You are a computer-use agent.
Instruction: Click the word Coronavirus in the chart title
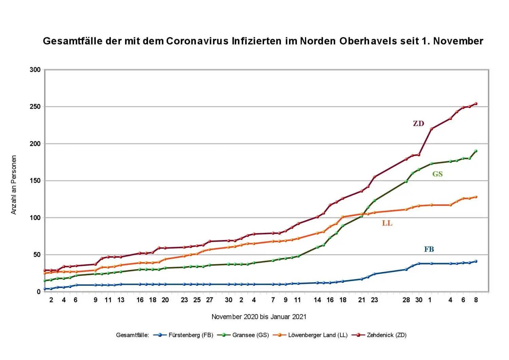[197, 41]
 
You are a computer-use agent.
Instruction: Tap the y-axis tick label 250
[35, 107]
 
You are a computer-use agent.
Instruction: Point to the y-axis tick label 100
[35, 218]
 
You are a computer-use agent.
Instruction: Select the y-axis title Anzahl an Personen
[14, 185]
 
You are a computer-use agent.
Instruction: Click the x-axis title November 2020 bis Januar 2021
[259, 317]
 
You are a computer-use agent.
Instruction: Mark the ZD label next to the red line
[418, 124]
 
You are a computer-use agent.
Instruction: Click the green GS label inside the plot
[437, 174]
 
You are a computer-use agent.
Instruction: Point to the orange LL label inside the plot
[387, 223]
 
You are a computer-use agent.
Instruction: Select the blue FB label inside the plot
[429, 249]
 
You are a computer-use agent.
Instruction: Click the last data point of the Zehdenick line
[476, 104]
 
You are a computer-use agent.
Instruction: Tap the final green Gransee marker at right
[476, 151]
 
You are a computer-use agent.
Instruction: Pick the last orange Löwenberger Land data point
[476, 197]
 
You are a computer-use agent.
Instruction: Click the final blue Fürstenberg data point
[476, 261]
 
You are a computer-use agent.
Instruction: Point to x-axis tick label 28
[406, 300]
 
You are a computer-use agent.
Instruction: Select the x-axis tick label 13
[121, 300]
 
